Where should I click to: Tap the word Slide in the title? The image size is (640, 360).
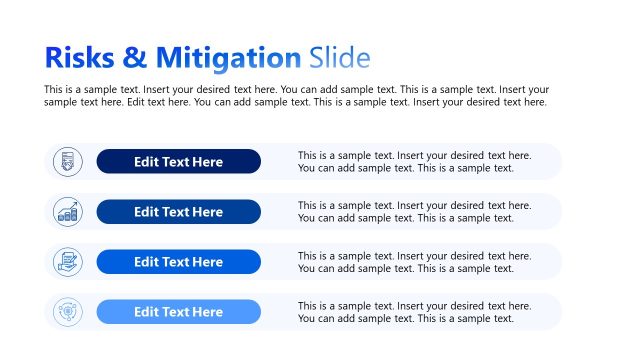pos(340,57)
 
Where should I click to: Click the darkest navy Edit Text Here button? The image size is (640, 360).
pos(178,161)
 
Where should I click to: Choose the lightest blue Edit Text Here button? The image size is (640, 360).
pos(178,312)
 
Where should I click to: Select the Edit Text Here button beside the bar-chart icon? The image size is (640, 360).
pos(178,212)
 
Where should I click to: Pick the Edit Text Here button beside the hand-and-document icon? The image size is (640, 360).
pos(178,262)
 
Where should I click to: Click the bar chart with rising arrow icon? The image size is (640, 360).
pos(68,212)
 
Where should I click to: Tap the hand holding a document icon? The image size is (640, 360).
pos(68,262)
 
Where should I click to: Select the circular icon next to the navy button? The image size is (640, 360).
pos(68,161)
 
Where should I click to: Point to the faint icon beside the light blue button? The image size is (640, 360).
pos(68,312)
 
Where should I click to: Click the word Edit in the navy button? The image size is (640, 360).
pos(147,161)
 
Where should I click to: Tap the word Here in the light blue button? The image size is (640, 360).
pos(206,312)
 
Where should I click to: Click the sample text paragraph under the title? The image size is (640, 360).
pos(296,95)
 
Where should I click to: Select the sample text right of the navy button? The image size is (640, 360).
pos(414,161)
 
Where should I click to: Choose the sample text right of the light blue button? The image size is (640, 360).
pos(414,312)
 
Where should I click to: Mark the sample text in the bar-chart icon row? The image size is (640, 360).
pos(414,212)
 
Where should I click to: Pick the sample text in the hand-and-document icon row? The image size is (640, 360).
pos(414,262)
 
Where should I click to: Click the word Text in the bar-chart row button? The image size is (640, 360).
pos(176,212)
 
